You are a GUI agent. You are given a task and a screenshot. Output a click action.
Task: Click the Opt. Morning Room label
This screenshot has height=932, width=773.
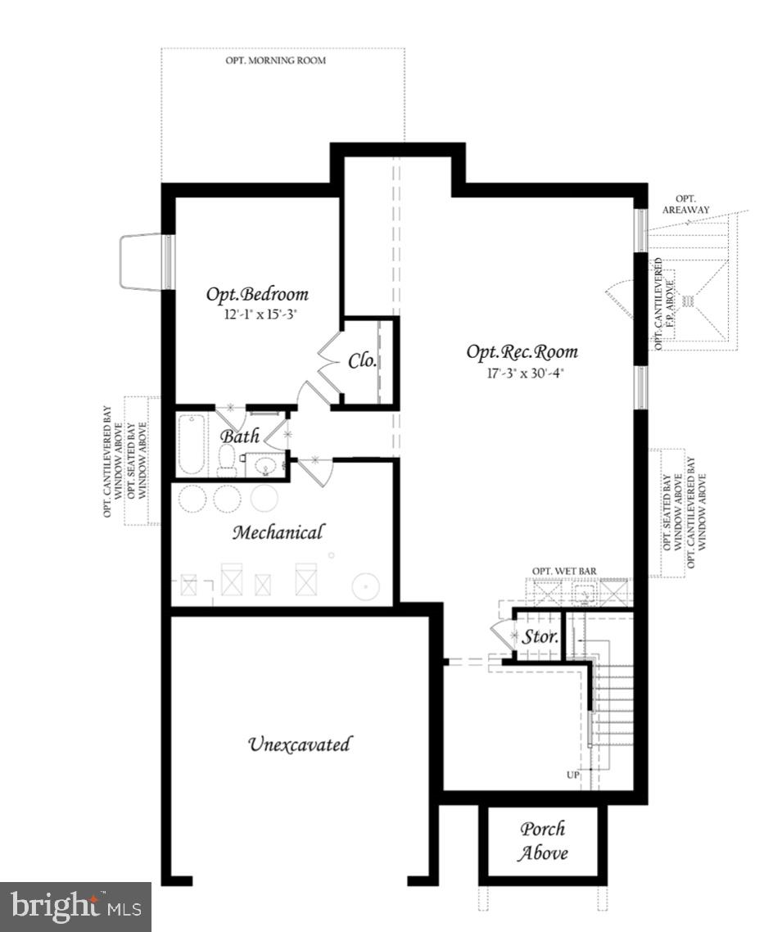click(275, 61)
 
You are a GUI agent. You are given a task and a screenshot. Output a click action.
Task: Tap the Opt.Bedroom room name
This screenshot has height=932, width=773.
click(256, 294)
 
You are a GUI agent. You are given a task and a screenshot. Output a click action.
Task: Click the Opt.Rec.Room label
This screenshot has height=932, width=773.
click(522, 351)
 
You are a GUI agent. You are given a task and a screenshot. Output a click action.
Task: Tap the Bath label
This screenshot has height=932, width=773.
click(239, 436)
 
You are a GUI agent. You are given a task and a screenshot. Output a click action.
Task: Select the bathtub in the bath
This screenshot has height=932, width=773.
click(191, 444)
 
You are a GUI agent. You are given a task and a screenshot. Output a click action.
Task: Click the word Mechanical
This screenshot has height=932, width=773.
click(278, 532)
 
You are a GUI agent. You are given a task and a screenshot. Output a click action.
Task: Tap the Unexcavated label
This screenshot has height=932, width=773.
click(299, 744)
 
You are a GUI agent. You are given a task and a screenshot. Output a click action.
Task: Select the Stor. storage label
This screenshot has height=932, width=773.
click(540, 636)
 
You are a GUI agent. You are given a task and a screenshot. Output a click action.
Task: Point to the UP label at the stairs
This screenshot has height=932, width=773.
click(571, 774)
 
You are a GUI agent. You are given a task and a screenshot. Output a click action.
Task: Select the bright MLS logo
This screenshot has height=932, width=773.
click(75, 907)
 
